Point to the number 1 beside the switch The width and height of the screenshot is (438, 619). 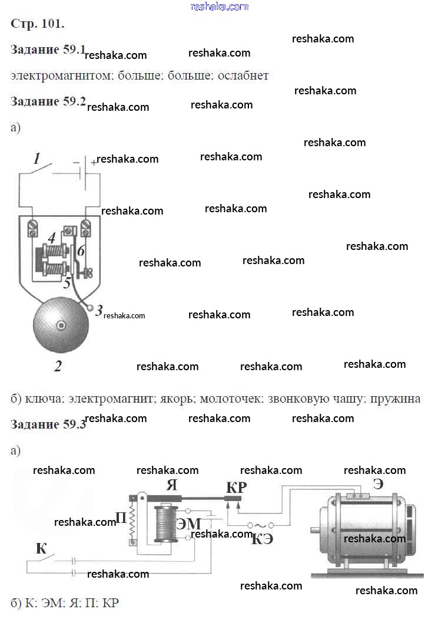[37, 159]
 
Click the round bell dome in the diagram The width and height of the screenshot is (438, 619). [60, 326]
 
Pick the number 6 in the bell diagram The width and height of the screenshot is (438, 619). [81, 251]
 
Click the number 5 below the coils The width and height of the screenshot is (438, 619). [68, 283]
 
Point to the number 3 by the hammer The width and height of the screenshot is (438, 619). [99, 310]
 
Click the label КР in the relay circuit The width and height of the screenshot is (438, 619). [237, 488]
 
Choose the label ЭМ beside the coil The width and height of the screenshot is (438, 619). [189, 523]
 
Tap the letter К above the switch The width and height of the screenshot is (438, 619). [41, 548]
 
